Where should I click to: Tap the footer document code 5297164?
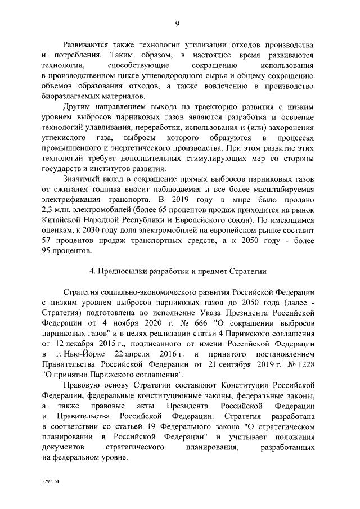50,483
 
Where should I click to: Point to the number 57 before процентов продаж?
47,240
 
